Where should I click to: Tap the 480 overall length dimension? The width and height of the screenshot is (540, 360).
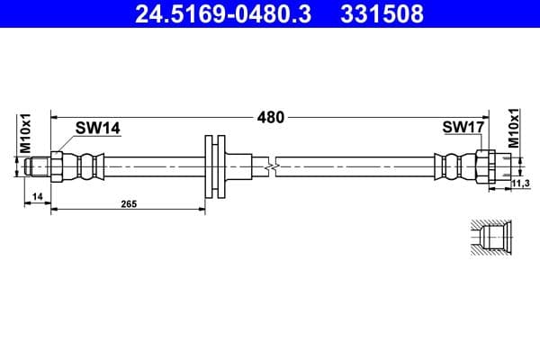click(x=271, y=117)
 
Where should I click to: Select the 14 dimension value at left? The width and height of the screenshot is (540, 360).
click(x=37, y=195)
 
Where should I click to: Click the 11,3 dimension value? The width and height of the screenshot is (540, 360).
click(x=519, y=184)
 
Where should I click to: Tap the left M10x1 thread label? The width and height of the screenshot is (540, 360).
click(x=26, y=132)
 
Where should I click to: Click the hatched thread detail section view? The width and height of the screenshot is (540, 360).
click(x=490, y=238)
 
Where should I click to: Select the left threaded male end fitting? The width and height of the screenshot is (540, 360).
click(x=38, y=166)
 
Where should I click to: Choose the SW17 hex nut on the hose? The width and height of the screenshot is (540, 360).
click(x=481, y=166)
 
